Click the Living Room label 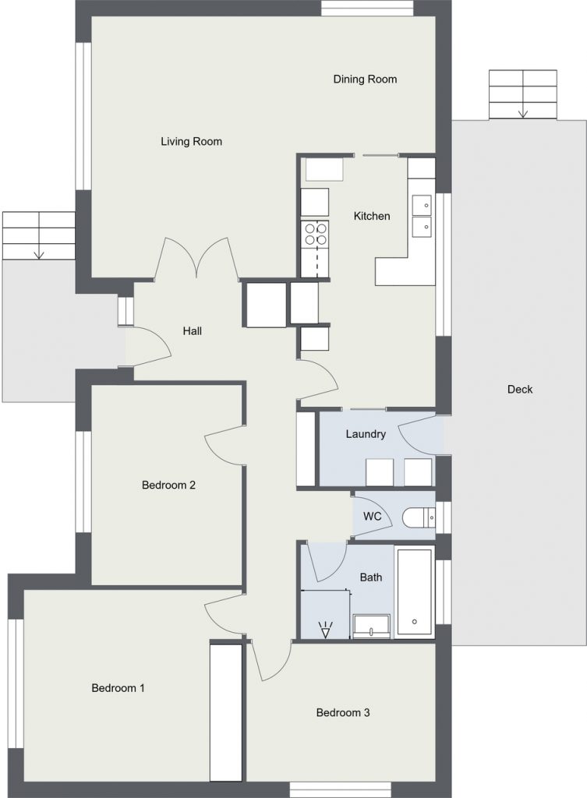[192, 142]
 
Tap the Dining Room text [365, 79]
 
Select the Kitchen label [372, 216]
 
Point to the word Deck [520, 390]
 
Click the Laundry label [366, 434]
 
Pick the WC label [372, 517]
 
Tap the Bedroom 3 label [343, 712]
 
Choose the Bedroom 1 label [118, 688]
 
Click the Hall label [193, 330]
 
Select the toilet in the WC [419, 518]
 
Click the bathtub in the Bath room [415, 592]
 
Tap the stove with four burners [315, 235]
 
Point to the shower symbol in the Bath [325, 629]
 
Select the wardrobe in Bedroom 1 [225, 712]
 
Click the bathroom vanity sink [372, 627]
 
